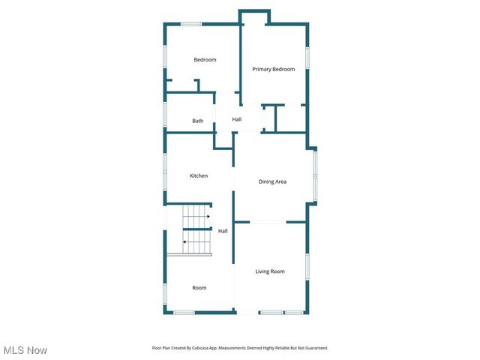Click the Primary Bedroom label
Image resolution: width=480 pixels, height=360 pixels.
tap(273, 69)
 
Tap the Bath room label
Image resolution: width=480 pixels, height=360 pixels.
tap(197, 121)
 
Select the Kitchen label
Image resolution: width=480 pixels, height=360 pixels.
tap(198, 175)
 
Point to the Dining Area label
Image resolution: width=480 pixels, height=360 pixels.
tap(272, 181)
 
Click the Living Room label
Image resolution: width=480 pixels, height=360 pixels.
tap(270, 271)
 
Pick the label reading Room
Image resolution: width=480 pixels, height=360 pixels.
tap(199, 288)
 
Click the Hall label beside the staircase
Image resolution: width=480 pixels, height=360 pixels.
tap(223, 231)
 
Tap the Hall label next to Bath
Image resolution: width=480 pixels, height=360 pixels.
tap(236, 119)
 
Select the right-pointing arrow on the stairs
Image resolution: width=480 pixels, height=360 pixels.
tap(207, 216)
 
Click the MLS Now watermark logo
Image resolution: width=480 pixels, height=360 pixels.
tap(25, 350)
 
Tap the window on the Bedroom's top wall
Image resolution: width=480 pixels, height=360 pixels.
tap(191, 24)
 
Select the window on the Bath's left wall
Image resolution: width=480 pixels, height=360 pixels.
tap(165, 114)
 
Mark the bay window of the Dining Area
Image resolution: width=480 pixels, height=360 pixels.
tap(316, 176)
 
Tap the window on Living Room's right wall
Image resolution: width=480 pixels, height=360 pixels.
tap(307, 267)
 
